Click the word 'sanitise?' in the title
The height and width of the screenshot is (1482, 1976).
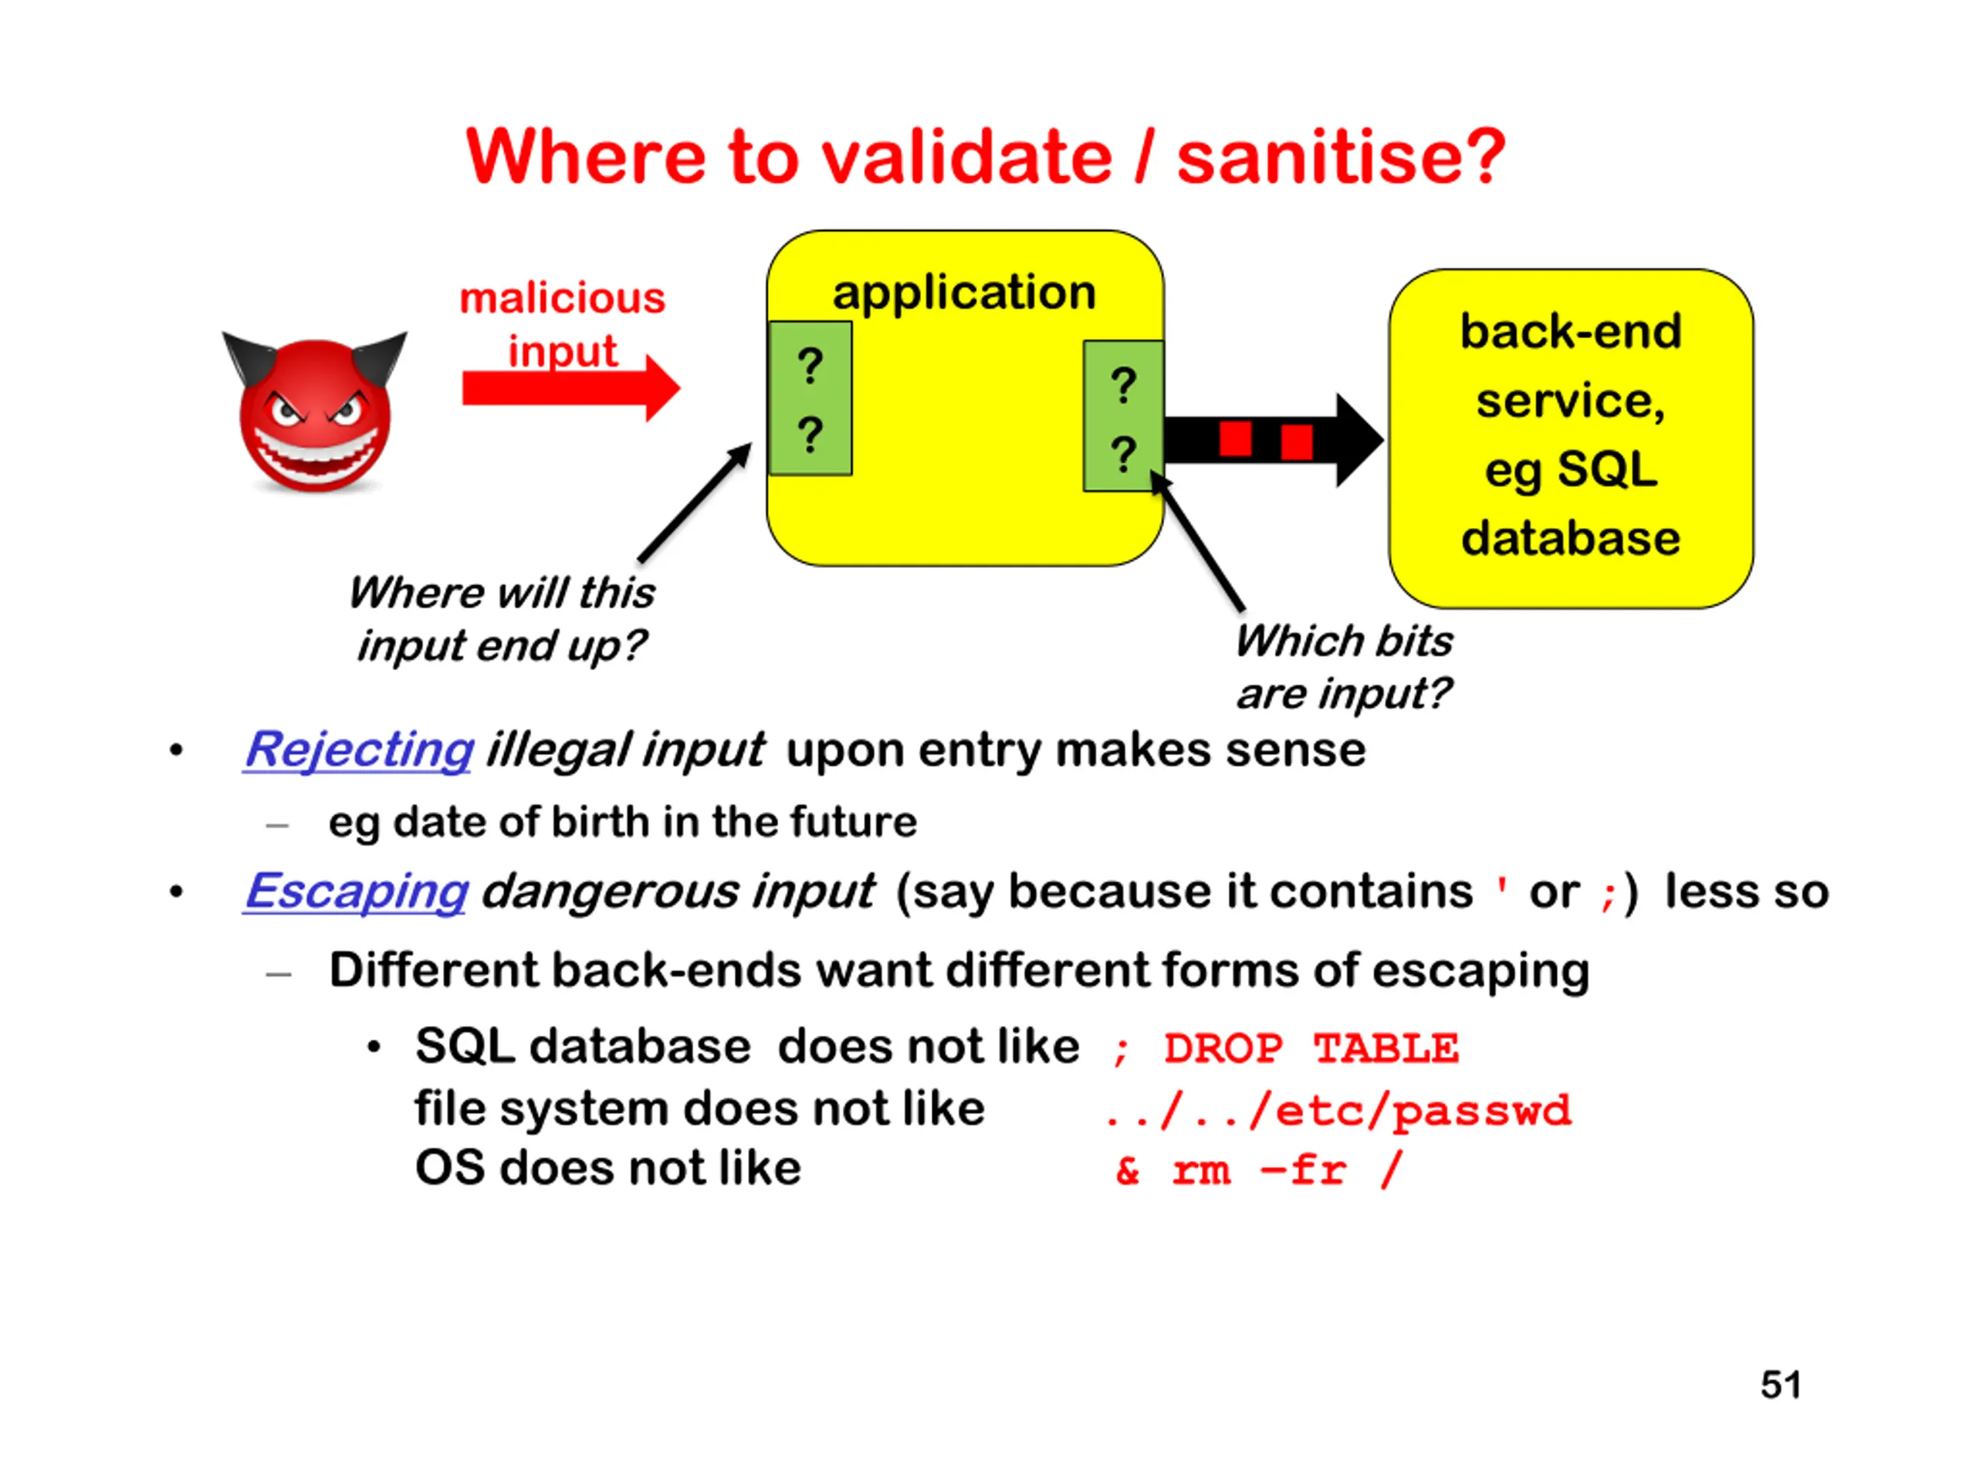pos(1341,158)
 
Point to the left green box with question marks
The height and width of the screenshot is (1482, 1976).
pos(810,398)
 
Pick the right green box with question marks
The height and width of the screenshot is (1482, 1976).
pos(1123,416)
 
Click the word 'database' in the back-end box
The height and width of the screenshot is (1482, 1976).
pos(1571,539)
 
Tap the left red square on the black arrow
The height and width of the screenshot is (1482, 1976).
pos(1236,438)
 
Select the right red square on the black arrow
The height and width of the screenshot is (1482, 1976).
pos(1296,442)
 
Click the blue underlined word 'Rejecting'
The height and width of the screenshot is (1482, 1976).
pos(359,749)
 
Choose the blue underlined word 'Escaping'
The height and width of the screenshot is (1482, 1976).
pos(357,892)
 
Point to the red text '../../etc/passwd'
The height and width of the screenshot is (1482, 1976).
pos(1338,1111)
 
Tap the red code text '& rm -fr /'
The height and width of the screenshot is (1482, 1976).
pos(1259,1170)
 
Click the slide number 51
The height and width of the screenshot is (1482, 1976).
pos(1781,1386)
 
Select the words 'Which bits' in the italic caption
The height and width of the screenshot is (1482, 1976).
pos(1344,641)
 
